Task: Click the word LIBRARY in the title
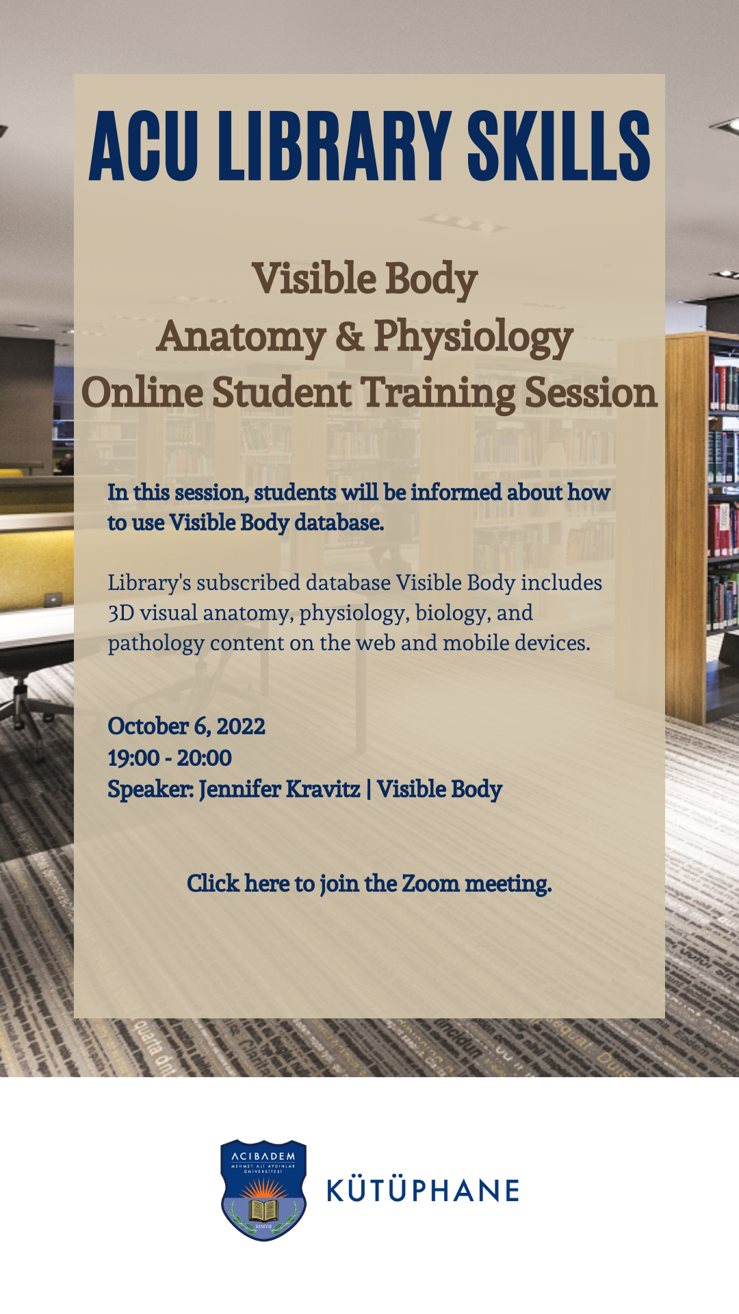pos(339,146)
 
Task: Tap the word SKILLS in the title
pos(559,146)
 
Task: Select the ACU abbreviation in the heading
pos(144,146)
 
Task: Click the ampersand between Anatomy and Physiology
pos(350,336)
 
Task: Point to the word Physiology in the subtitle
pos(474,338)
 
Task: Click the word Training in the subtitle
pos(439,394)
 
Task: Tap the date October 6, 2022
pos(186,726)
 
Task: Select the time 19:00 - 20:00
pos(170,758)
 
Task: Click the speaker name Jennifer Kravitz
pos(280,790)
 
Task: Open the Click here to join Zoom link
pos(369,884)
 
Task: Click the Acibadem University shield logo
pos(263,1190)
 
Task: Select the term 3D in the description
pos(121,613)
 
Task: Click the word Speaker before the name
pos(151,790)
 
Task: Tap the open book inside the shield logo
pos(263,1210)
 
